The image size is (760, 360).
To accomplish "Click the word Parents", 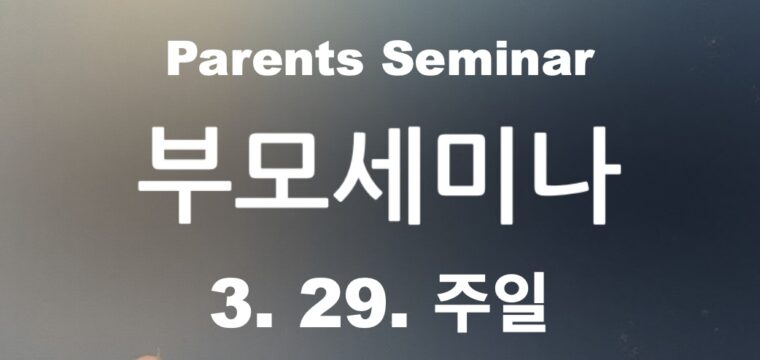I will [266, 61].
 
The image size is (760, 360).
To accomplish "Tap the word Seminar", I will [488, 61].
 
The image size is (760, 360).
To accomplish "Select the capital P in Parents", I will [181, 61].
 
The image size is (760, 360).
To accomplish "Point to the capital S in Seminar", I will [397, 61].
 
